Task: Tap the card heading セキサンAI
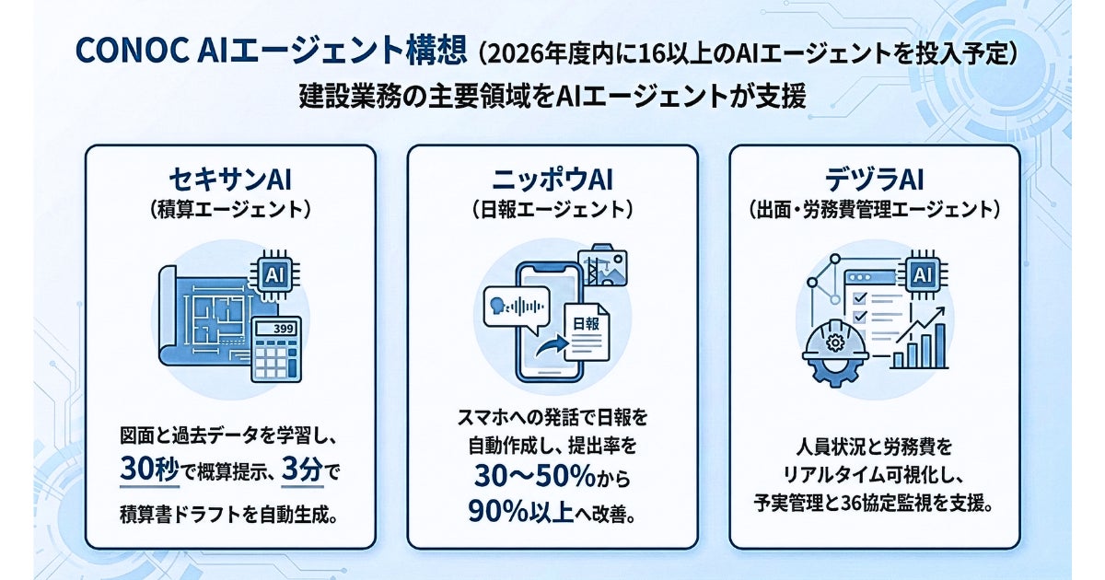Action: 229,179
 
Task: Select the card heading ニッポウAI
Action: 552,179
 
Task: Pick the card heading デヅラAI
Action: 874,179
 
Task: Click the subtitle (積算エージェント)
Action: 229,210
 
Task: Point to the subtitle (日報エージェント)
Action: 552,210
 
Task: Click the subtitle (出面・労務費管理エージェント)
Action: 874,210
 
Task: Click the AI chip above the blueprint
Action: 274,273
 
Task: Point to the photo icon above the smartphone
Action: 600,263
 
